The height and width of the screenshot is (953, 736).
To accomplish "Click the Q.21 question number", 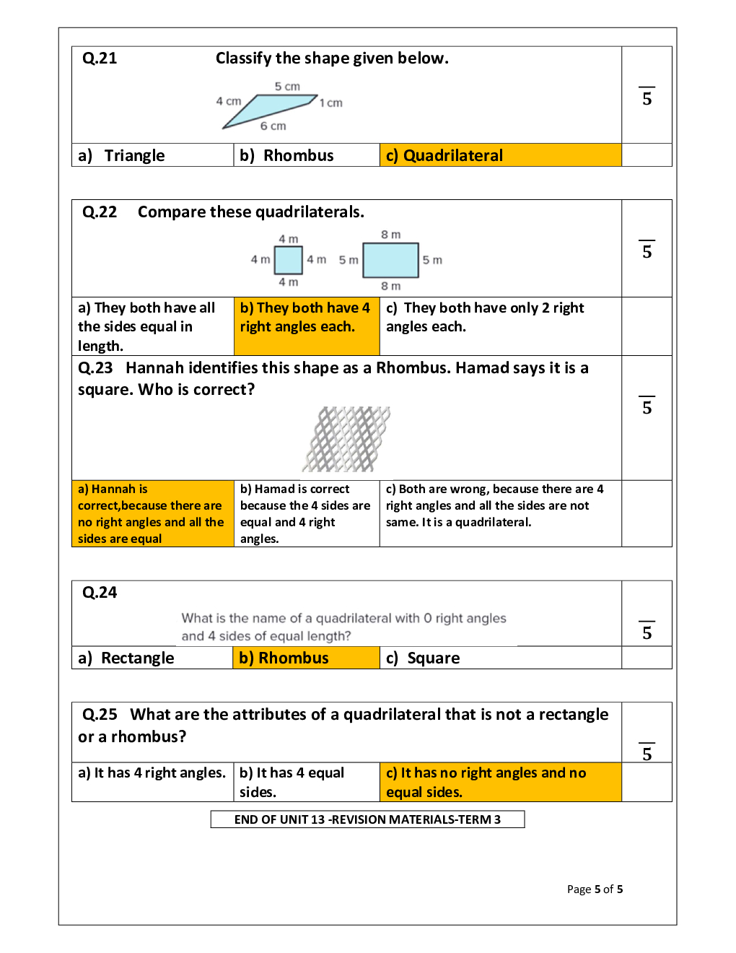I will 100,58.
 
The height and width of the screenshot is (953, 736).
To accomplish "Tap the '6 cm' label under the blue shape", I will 273,126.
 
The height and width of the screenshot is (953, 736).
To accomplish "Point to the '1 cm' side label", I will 331,103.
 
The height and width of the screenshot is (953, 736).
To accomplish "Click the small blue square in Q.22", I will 289,261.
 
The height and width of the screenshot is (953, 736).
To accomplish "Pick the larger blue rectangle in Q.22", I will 390,261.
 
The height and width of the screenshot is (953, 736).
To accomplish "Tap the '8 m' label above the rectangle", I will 390,235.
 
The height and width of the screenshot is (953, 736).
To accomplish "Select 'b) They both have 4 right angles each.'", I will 305,318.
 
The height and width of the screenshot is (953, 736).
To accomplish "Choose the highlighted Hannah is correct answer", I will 152,513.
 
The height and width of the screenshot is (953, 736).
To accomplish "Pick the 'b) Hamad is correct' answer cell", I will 306,513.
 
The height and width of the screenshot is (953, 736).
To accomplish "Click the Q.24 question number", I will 100,593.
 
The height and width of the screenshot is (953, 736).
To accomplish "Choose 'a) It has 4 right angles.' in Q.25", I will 152,773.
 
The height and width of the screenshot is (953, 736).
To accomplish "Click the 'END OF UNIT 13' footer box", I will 367,819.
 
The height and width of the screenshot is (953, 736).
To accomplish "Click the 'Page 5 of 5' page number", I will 595,889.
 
